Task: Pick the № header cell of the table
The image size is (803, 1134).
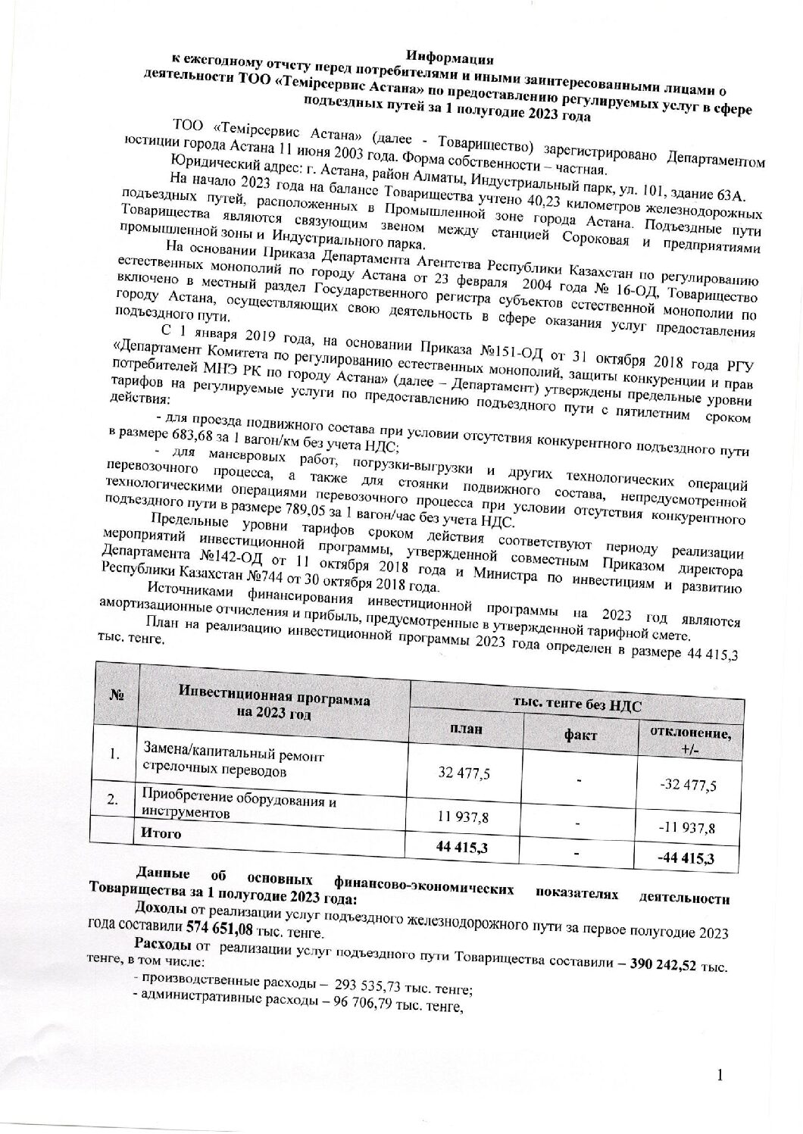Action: click(117, 695)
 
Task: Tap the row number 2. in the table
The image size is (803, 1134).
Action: click(113, 801)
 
